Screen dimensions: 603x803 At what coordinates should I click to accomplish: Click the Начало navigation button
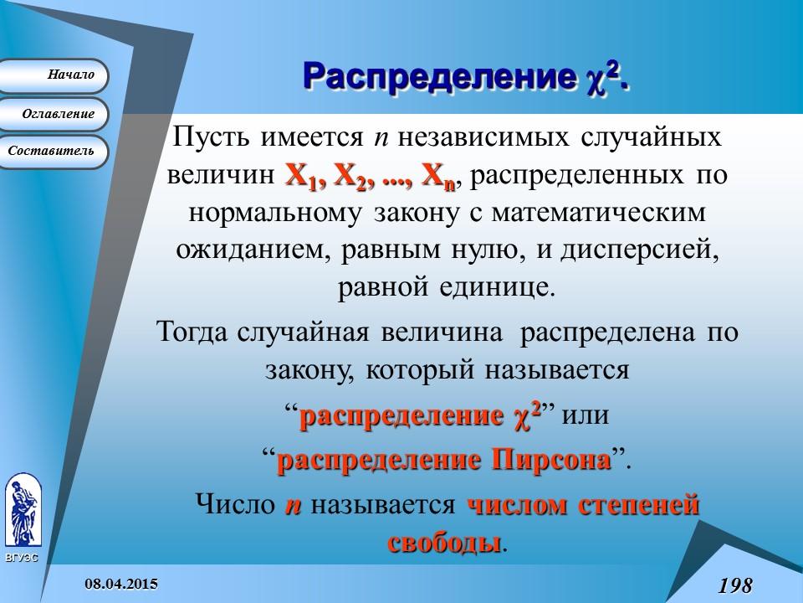54,75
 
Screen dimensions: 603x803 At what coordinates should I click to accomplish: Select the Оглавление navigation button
54,113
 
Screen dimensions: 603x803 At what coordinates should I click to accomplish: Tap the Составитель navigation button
54,152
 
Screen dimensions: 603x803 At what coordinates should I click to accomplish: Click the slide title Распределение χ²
465,78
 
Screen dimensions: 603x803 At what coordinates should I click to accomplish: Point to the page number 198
734,584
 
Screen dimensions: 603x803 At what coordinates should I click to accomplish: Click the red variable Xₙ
437,178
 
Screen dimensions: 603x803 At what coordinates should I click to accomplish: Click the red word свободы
445,541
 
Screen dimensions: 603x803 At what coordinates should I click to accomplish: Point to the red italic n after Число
293,505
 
